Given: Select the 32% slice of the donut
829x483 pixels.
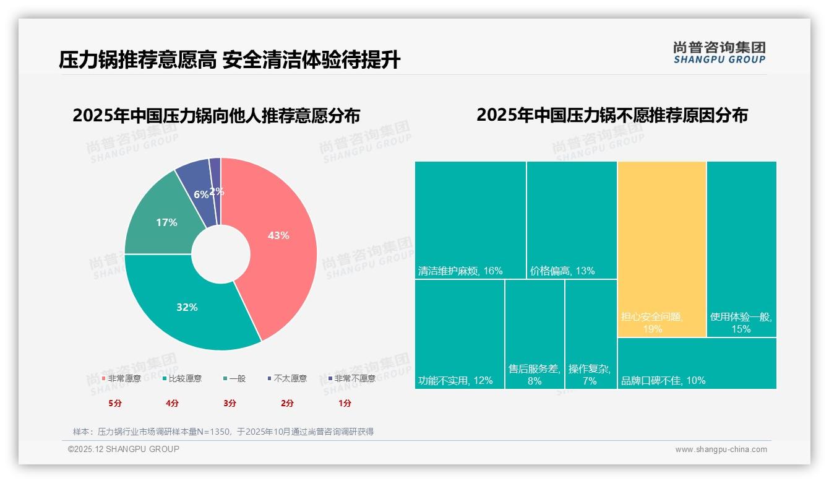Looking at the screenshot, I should tap(186, 307).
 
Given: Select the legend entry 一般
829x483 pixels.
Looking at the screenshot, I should tap(234, 378).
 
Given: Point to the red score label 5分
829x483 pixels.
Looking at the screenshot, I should tap(115, 403).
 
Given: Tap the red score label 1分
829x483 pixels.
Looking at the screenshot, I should tap(345, 403).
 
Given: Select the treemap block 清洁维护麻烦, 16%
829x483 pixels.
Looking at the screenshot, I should tap(470, 220).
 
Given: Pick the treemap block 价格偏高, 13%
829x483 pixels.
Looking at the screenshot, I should tap(572, 220).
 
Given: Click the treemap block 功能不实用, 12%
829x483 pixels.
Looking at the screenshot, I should tap(459, 334).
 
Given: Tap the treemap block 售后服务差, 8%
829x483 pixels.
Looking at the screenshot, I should tap(535, 334).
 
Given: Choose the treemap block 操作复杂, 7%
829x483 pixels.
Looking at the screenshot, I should tap(590, 334).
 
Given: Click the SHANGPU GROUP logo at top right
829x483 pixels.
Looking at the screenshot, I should tap(719, 53).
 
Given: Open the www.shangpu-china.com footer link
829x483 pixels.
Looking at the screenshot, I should tap(721, 450).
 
